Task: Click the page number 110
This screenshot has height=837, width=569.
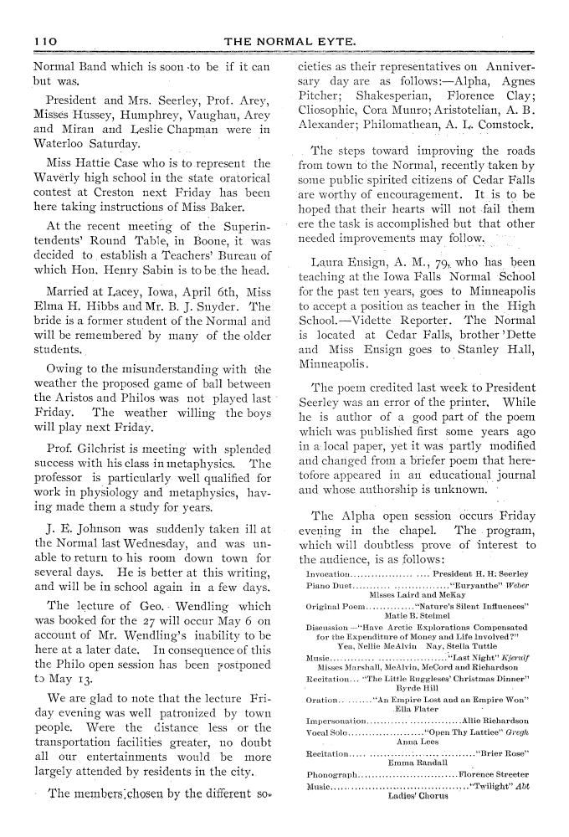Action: (44, 40)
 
